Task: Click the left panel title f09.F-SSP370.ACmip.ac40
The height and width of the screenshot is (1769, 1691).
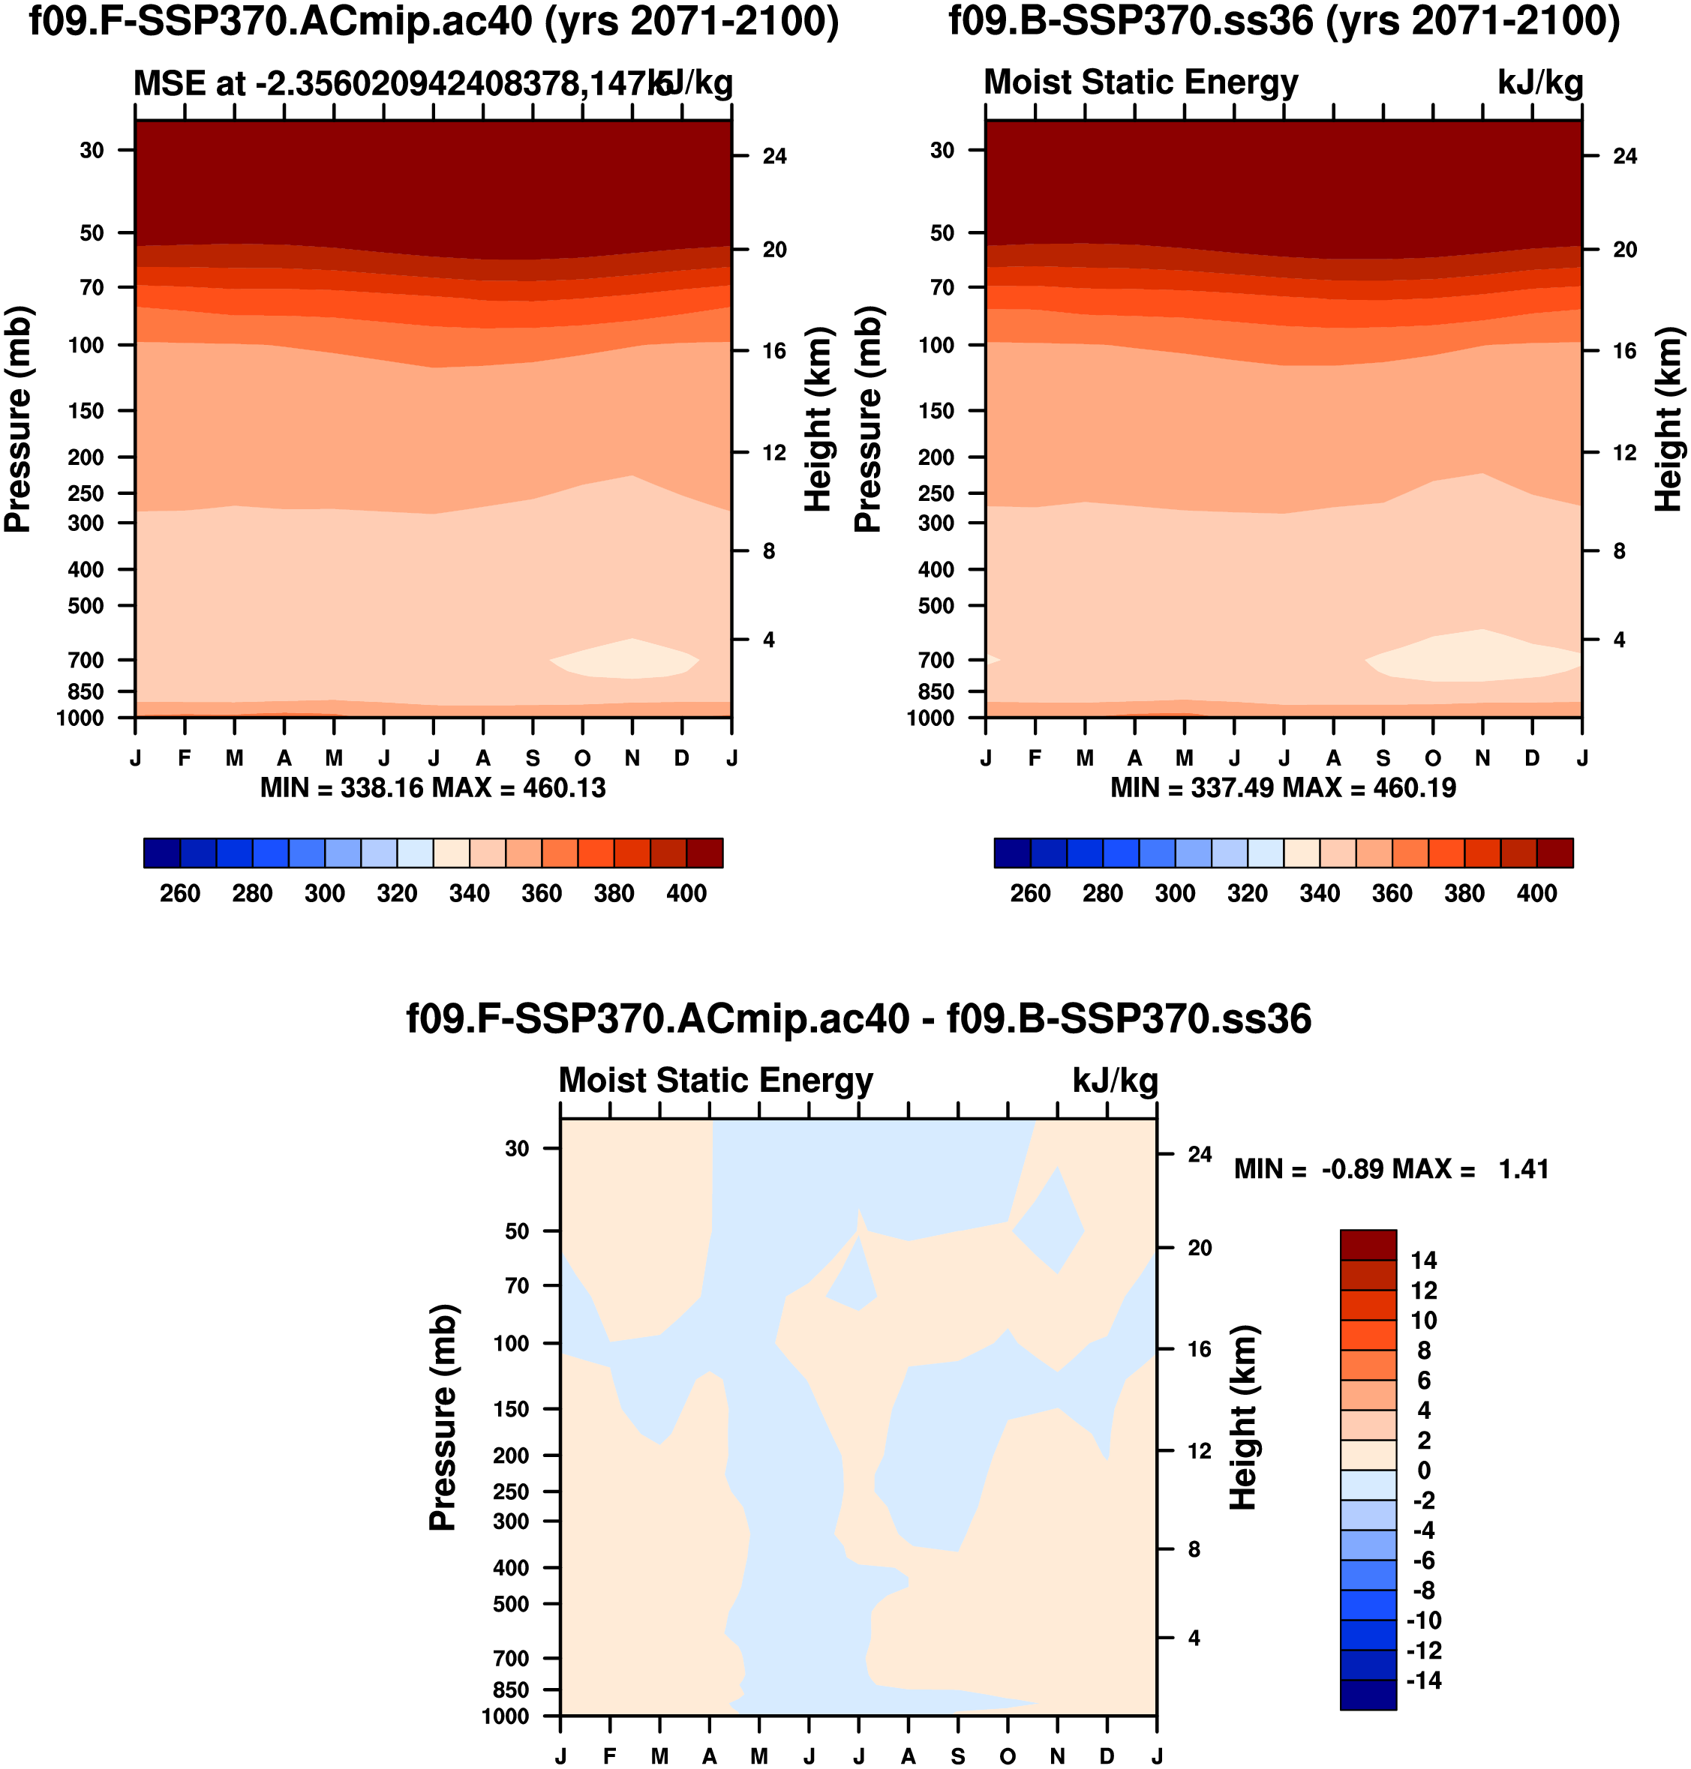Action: coord(434,22)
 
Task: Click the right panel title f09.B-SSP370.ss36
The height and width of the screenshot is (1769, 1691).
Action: coord(1284,22)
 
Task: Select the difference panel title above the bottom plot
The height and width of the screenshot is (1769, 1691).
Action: coord(858,1019)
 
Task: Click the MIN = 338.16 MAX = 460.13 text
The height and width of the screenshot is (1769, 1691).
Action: coord(433,789)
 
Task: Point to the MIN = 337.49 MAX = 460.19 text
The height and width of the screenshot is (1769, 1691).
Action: coord(1284,789)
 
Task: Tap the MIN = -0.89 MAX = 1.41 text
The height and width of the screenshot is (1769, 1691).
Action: coord(1391,1170)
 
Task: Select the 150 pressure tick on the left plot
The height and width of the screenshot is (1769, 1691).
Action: coord(86,411)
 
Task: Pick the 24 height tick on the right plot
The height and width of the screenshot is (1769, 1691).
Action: coord(1624,157)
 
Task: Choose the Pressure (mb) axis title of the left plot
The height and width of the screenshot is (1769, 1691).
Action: coord(18,420)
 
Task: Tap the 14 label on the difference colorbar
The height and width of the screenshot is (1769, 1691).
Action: coord(1423,1261)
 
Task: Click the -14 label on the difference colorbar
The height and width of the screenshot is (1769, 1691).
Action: coord(1423,1681)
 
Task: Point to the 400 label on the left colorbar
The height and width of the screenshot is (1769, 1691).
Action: coord(686,894)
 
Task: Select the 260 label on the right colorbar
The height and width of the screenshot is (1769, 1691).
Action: coord(1029,894)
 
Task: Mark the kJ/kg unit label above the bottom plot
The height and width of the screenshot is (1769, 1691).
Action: coord(1115,1081)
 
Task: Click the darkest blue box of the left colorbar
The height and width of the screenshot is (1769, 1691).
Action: coord(162,853)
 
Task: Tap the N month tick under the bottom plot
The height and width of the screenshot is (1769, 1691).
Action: coord(1057,1756)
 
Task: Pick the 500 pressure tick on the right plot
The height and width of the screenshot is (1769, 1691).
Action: coord(936,607)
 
